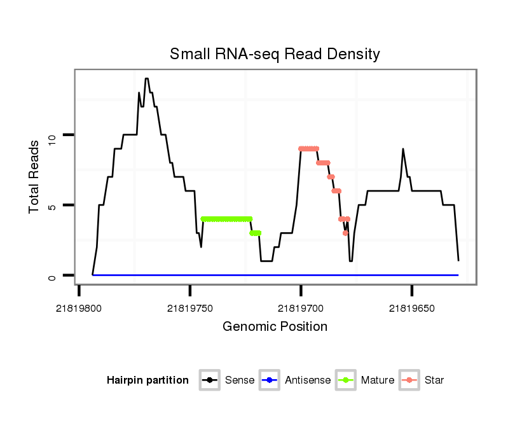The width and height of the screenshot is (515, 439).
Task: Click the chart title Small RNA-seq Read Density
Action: [x=275, y=54]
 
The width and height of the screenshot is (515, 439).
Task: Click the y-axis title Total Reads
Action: [x=36, y=176]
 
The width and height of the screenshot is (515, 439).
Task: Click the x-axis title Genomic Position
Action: [x=275, y=326]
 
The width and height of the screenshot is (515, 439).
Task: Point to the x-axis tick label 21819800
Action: [x=79, y=309]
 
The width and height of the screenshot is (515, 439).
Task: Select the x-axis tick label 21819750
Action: [x=190, y=309]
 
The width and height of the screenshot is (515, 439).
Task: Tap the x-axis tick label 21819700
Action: [x=301, y=309]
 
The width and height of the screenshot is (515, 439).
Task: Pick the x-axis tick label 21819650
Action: [x=412, y=309]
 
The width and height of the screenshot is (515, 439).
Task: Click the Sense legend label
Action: [x=240, y=380]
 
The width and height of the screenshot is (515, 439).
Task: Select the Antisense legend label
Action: [x=308, y=380]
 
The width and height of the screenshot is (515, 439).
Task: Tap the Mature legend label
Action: [x=378, y=380]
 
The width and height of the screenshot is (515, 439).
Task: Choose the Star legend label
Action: [x=434, y=380]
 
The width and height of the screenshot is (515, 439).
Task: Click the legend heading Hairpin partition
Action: [x=148, y=380]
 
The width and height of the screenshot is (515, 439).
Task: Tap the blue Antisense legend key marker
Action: [x=270, y=380]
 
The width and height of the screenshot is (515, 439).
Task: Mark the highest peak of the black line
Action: [x=146, y=79]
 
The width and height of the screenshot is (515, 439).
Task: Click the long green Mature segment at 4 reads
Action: [x=226, y=219]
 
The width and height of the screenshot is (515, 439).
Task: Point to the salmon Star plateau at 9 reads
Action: [x=308, y=149]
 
